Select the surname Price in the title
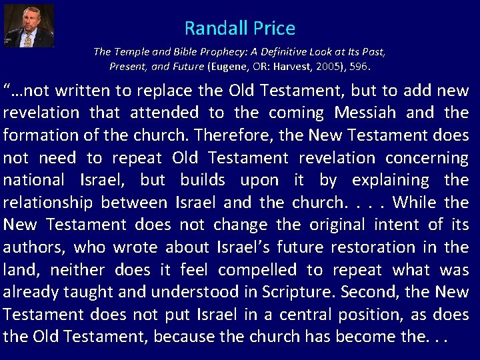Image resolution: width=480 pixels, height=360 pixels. click(273, 29)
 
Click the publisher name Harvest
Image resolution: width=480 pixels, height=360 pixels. click(290, 67)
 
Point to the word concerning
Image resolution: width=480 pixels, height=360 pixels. click(427, 158)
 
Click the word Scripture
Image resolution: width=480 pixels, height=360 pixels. click(305, 292)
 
